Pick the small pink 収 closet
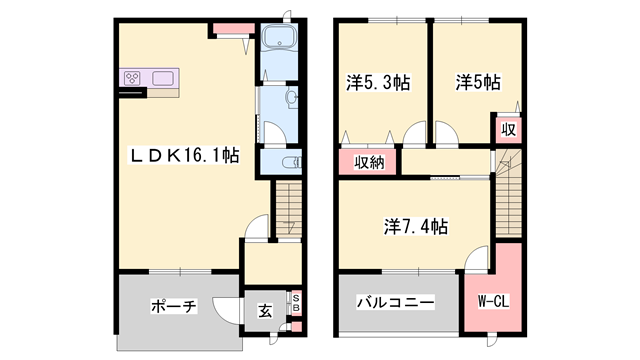click(x=509, y=130)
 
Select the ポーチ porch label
click(x=172, y=306)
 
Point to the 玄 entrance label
click(x=265, y=312)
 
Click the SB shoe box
click(x=295, y=303)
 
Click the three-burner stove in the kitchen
click(x=133, y=77)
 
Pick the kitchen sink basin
click(x=163, y=77)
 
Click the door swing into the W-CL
click(x=477, y=263)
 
